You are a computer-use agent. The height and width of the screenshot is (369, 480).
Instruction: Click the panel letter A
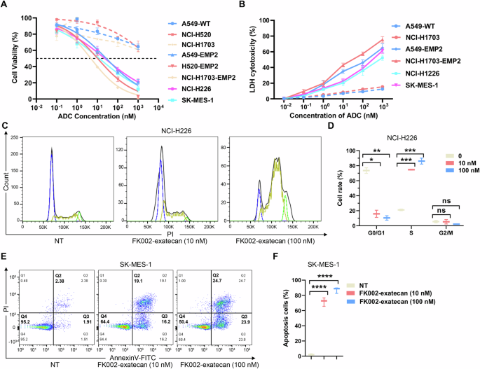click(x=6, y=6)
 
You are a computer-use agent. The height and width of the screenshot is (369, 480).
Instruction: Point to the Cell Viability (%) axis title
click(x=15, y=56)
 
